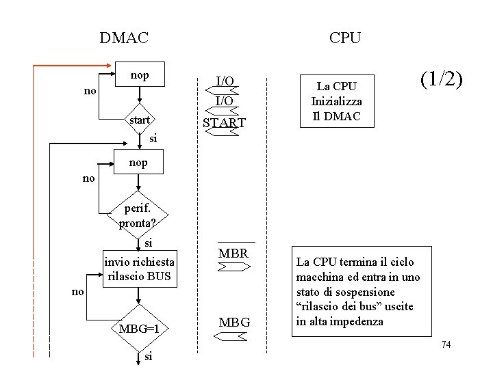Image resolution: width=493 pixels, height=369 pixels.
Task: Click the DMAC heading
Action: (123, 38)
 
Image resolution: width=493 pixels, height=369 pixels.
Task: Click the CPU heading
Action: (344, 38)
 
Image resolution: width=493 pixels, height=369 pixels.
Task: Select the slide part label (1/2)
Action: (442, 80)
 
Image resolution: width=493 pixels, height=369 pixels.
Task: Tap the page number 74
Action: (446, 344)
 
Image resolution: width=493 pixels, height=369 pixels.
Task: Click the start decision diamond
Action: (139, 120)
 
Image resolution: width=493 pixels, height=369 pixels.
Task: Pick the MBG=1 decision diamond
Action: (139, 329)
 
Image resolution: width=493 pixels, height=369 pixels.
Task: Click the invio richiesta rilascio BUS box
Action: (139, 269)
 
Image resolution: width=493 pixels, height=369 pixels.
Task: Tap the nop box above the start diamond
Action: (139, 74)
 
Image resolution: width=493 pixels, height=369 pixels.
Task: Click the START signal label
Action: (225, 123)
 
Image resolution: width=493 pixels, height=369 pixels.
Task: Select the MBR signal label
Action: (233, 254)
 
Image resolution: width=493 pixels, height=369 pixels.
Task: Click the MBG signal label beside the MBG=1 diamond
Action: (234, 322)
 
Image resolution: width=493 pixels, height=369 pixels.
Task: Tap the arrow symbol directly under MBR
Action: (233, 269)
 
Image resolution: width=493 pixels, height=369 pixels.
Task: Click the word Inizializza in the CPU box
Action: (336, 101)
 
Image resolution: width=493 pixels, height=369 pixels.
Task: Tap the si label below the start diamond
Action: (153, 139)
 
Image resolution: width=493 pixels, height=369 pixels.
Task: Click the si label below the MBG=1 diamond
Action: (149, 356)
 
